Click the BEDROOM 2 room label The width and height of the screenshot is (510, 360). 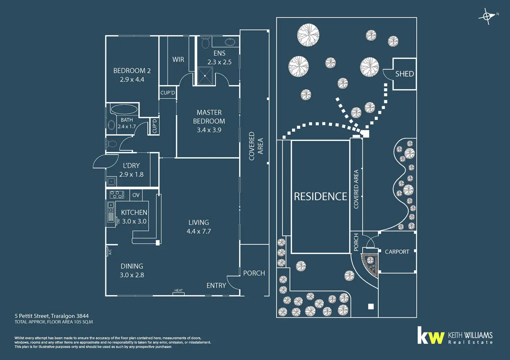point(132,71)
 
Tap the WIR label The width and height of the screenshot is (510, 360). point(178,60)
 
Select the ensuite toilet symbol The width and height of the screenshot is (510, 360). point(205,43)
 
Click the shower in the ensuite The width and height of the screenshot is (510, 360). point(205,76)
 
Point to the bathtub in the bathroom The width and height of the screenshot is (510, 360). point(124,109)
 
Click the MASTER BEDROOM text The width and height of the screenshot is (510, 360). point(209,117)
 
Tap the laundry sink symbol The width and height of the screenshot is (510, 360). point(111,181)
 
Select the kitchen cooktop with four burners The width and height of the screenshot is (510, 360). point(117,195)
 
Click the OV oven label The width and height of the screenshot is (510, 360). point(136,195)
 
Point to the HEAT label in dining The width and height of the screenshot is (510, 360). point(178,291)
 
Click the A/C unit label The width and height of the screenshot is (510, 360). point(110,252)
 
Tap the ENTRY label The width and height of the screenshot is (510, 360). point(216,286)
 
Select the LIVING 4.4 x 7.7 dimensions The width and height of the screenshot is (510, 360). point(199,231)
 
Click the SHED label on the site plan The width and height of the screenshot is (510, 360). point(404,74)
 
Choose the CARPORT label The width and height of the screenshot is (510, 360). point(397,252)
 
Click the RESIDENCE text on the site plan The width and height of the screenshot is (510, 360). point(320,197)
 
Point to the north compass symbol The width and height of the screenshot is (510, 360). point(487,16)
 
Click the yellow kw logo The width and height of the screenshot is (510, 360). point(431,336)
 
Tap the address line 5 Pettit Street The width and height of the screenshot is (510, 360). point(52,316)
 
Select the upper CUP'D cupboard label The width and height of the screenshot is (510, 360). point(168,93)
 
